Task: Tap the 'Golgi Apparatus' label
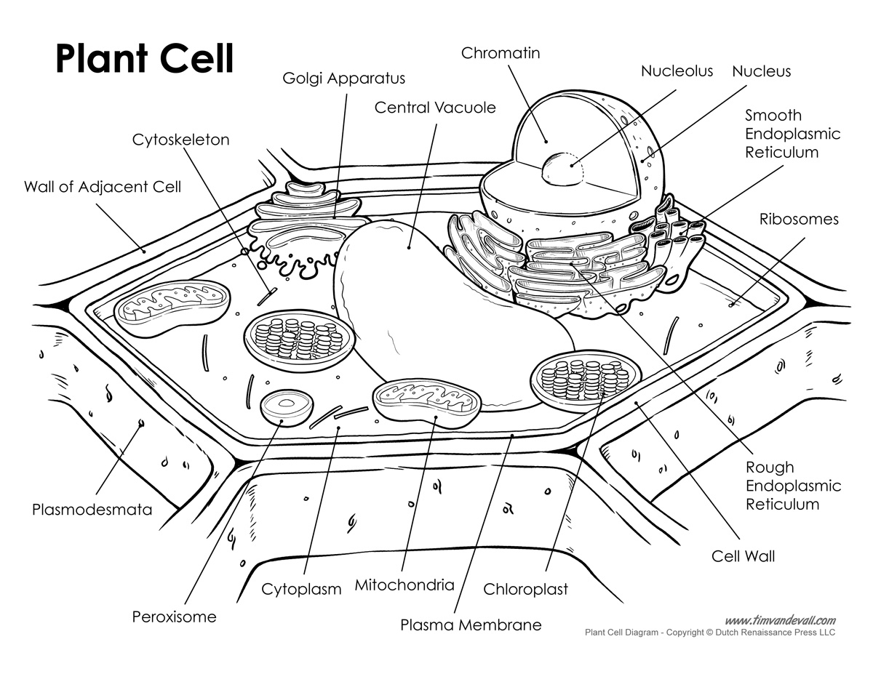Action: click(344, 78)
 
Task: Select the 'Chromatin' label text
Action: click(501, 53)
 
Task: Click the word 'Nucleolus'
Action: click(677, 71)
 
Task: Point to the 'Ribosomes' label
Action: click(799, 219)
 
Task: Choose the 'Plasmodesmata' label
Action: click(92, 509)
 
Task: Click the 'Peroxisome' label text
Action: click(174, 617)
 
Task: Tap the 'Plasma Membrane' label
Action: click(471, 625)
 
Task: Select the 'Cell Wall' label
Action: click(743, 556)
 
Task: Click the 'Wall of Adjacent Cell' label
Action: click(103, 187)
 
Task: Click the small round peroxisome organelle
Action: click(284, 406)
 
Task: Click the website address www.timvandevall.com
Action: click(780, 620)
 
